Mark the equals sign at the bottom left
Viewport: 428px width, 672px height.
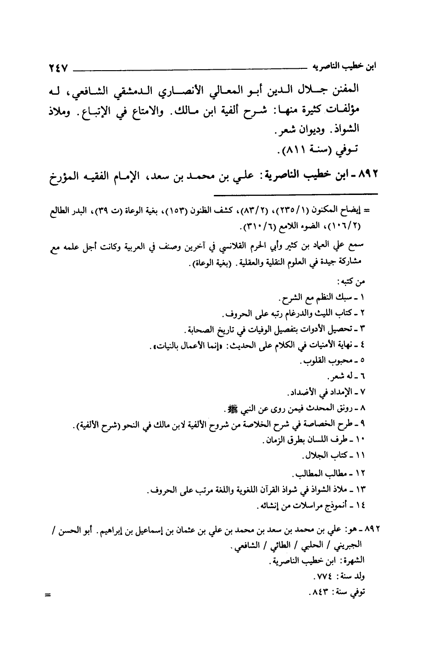coord(47,595)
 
